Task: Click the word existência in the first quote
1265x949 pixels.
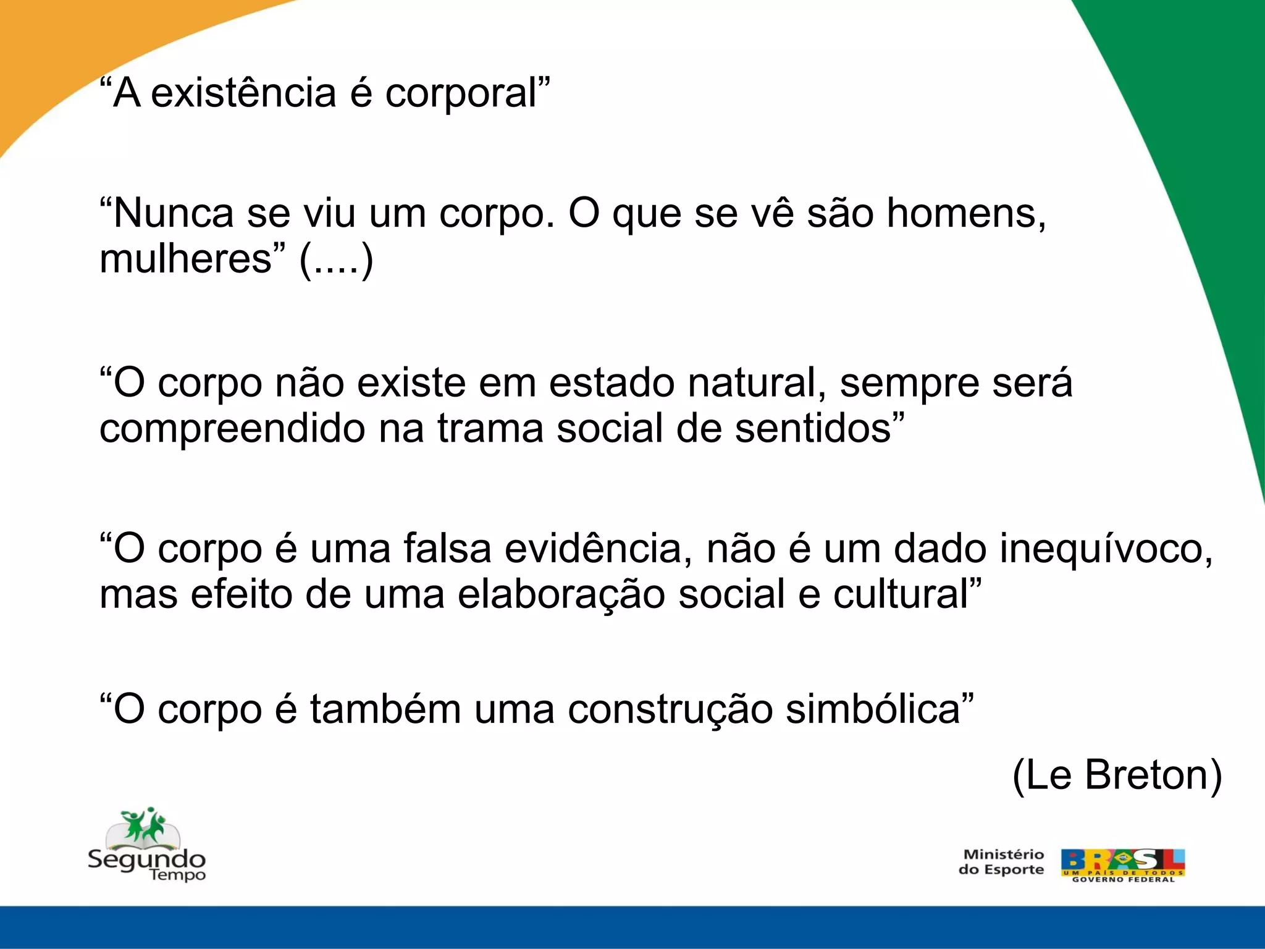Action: [x=243, y=93]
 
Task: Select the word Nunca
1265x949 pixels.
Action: [x=174, y=213]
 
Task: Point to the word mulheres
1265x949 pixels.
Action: [x=185, y=258]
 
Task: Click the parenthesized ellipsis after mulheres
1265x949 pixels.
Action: [x=337, y=259]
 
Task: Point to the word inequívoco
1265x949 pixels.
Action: [x=1106, y=550]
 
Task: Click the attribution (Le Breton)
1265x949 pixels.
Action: [x=1117, y=775]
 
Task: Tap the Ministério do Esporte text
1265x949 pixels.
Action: [x=1001, y=862]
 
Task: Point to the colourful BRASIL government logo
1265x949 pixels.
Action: [x=1122, y=864]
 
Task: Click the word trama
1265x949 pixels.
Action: [x=490, y=428]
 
